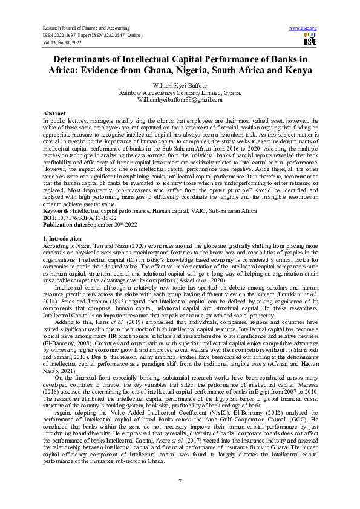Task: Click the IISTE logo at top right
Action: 310,40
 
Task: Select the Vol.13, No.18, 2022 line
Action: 63,43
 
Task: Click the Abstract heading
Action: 54,114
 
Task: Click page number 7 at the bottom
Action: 180,481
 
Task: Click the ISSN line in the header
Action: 92,36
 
